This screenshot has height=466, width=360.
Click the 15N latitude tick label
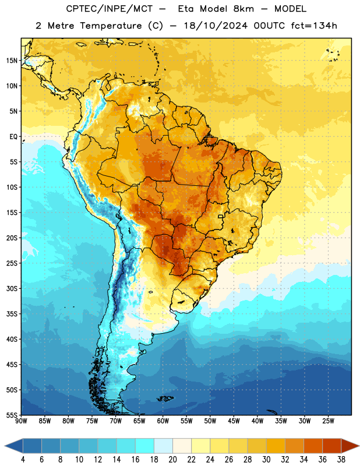[12, 61]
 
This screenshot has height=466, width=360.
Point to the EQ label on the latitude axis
[13, 137]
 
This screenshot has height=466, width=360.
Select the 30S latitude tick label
[12, 289]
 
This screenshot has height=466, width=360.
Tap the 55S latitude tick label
[12, 415]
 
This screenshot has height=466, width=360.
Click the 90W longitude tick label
[21, 421]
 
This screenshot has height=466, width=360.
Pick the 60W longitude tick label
[163, 421]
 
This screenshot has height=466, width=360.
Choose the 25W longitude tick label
[328, 421]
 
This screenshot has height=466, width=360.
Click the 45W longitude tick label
[234, 421]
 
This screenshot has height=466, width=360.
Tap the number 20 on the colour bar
[172, 460]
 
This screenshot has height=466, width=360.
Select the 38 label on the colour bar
[341, 460]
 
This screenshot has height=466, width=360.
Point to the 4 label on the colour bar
[23, 460]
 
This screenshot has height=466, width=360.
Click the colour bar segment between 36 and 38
[332, 446]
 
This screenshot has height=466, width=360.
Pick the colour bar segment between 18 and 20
[163, 446]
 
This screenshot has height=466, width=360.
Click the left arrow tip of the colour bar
[5, 446]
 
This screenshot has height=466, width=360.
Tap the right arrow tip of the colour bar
[359, 446]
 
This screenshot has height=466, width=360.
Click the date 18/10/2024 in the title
[216, 26]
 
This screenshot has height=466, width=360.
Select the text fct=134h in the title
[314, 26]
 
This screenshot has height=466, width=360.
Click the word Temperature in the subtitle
[111, 26]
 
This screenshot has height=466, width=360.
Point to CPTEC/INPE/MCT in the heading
[110, 9]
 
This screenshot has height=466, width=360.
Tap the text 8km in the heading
[243, 9]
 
